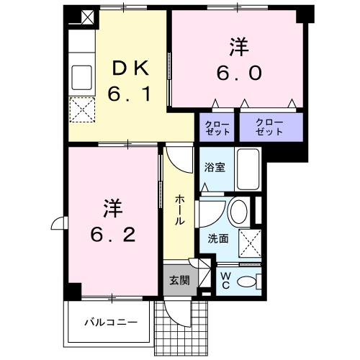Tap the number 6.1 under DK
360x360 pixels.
[x=130, y=94]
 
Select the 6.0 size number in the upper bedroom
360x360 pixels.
[x=239, y=73]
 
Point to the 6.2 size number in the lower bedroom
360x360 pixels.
[x=111, y=235]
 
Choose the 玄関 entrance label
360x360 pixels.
[x=179, y=280]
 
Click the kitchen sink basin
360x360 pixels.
[x=81, y=74]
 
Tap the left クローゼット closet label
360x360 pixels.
[x=215, y=129]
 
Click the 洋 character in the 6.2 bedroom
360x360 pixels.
[x=112, y=209]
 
